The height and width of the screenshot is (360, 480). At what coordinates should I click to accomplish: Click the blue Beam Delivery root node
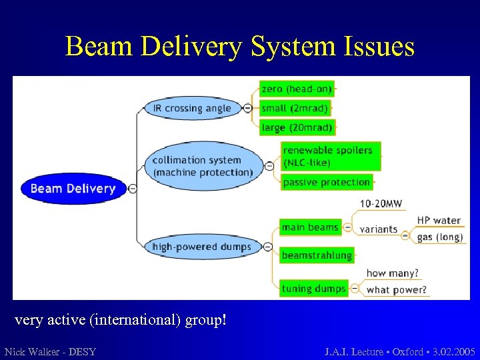(73, 189)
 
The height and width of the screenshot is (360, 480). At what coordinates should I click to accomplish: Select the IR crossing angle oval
(192, 108)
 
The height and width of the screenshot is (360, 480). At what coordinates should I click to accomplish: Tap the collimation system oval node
(203, 166)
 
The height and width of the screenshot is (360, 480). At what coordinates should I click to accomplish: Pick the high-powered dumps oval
(202, 247)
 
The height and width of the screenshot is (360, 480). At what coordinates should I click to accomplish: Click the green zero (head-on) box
(296, 89)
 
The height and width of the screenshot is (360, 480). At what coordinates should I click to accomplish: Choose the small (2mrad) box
(294, 108)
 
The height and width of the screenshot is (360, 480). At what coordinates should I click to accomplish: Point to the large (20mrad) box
(297, 127)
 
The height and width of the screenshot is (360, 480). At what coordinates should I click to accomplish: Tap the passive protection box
(327, 182)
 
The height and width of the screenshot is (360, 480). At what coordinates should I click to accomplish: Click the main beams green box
(309, 227)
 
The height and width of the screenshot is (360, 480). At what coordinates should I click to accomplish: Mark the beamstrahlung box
(316, 255)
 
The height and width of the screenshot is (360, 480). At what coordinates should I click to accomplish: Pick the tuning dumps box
(313, 289)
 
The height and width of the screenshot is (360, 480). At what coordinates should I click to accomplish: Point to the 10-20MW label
(381, 203)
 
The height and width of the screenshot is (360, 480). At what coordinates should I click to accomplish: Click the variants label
(378, 229)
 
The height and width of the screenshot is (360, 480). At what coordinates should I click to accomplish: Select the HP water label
(439, 221)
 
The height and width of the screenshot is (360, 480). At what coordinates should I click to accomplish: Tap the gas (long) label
(439, 237)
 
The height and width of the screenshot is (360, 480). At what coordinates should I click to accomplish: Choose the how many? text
(392, 273)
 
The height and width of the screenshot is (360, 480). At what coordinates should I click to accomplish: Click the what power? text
(397, 290)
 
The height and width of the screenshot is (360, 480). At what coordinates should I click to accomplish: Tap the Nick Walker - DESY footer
(50, 351)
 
